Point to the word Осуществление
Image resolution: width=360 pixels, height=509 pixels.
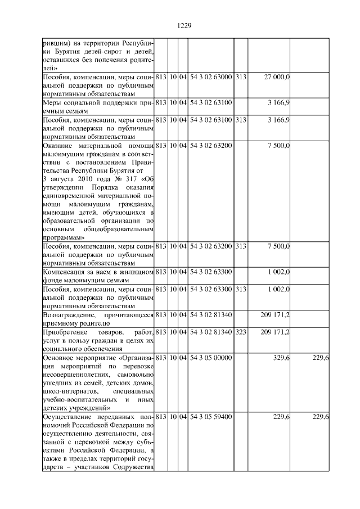[x=69, y=416]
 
